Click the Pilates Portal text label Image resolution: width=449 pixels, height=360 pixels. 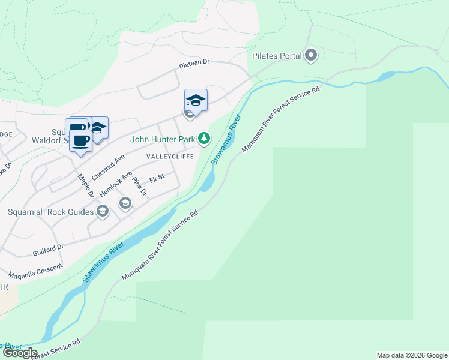277,56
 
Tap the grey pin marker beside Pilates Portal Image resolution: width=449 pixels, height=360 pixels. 311,56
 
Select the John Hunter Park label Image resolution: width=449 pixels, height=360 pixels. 163,139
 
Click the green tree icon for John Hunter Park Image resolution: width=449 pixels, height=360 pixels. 204,139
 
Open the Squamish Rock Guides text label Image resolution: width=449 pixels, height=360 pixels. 51,212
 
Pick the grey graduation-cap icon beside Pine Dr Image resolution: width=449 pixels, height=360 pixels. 125,203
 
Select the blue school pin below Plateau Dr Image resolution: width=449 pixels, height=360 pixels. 196,100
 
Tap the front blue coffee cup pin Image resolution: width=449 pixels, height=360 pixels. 80,140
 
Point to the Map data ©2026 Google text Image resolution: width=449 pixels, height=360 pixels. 411,355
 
